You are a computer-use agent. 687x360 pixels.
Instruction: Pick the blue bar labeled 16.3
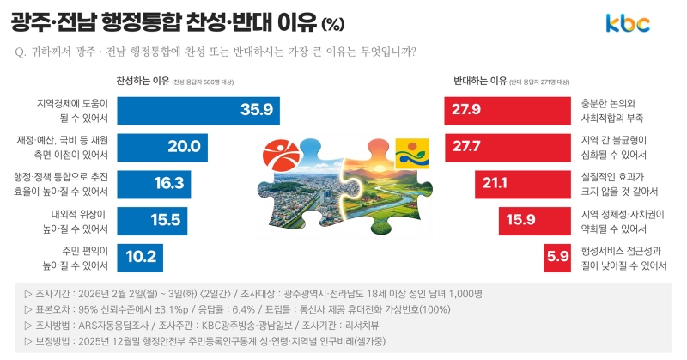[154, 183]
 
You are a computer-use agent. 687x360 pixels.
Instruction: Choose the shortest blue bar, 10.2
[140, 257]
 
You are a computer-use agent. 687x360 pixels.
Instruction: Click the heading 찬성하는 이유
[143, 82]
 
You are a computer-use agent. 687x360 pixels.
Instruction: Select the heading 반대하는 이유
[479, 82]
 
